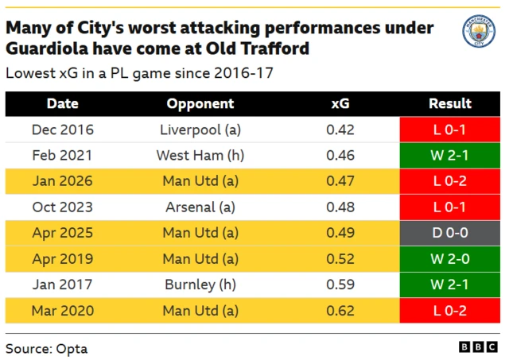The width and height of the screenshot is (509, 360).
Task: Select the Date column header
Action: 62,103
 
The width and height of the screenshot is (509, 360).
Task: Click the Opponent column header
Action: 200,103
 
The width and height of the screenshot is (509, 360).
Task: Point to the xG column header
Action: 340,103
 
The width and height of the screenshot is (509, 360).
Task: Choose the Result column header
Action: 450,103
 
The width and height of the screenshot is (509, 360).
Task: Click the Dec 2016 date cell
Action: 62,130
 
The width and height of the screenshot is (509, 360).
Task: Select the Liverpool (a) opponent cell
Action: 200,130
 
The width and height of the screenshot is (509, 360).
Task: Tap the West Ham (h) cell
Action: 200,155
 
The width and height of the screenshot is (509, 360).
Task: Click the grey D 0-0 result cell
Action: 450,233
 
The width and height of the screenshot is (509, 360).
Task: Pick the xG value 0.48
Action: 340,207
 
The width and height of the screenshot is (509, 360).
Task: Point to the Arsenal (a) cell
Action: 200,207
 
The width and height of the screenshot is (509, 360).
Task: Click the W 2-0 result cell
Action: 450,258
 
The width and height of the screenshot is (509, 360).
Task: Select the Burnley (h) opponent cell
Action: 200,285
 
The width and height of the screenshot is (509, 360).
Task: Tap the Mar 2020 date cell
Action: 62,310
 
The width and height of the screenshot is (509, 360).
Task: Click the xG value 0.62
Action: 340,310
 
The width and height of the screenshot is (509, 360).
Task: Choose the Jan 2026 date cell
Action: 62,181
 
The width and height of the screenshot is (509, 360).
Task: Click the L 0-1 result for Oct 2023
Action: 450,207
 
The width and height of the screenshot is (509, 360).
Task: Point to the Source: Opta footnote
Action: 46,348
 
